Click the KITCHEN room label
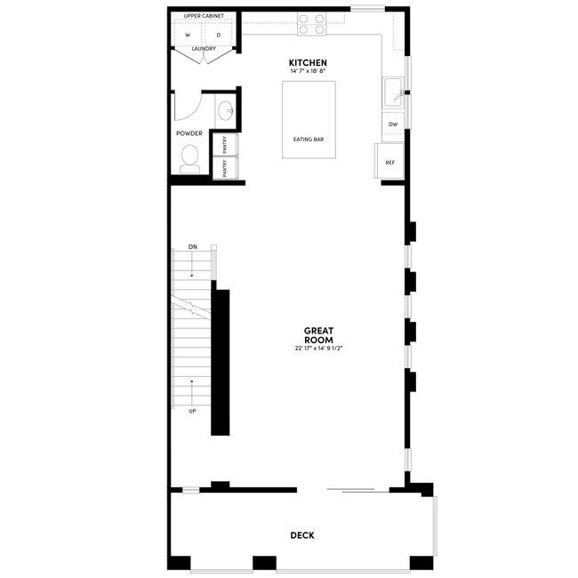pyautogui.click(x=301, y=62)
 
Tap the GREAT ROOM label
pyautogui.click(x=318, y=335)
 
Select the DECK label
pyautogui.click(x=301, y=535)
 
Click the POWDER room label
pyautogui.click(x=189, y=133)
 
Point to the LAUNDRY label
pyautogui.click(x=205, y=50)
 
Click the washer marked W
pyautogui.click(x=188, y=35)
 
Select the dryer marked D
pyautogui.click(x=219, y=35)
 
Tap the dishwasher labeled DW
pyautogui.click(x=392, y=124)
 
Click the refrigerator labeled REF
pyautogui.click(x=389, y=163)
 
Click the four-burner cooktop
pyautogui.click(x=310, y=24)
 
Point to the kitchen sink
pyautogui.click(x=392, y=91)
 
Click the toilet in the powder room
pyautogui.click(x=189, y=158)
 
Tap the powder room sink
pyautogui.click(x=225, y=111)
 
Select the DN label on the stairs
pyautogui.click(x=193, y=245)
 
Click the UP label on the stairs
pyautogui.click(x=192, y=411)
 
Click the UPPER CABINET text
pyautogui.click(x=204, y=17)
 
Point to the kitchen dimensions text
pyautogui.click(x=301, y=71)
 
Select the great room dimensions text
pyautogui.click(x=318, y=349)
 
